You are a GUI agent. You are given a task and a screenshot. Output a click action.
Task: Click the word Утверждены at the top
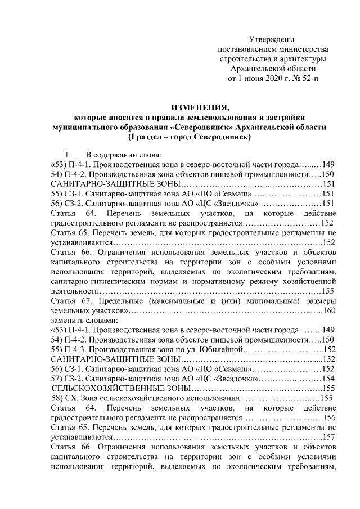272,39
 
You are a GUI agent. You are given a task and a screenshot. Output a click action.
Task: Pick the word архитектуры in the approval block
303,59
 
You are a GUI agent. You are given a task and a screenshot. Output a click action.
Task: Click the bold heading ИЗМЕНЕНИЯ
193,107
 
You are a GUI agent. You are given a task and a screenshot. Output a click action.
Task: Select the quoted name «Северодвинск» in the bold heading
202,127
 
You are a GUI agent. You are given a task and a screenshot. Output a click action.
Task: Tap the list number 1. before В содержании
68,155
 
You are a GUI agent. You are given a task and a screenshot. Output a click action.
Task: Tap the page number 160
329,310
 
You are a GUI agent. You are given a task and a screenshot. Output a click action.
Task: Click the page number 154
328,379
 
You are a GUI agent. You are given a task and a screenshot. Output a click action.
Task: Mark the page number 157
328,436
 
